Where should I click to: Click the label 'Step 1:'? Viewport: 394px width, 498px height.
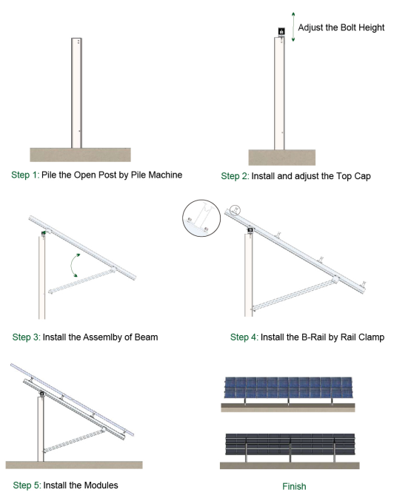coord(28,175)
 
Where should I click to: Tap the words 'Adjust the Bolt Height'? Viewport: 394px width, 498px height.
coord(341,28)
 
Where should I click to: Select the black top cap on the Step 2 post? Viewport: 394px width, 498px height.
coord(281,32)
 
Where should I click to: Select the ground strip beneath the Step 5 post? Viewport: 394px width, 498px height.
coord(74,464)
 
